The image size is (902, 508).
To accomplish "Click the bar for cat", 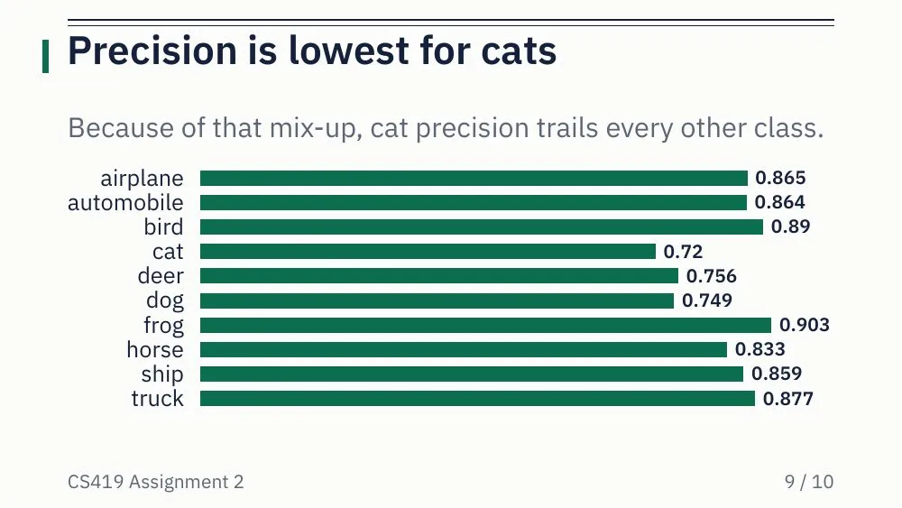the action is pos(428,252).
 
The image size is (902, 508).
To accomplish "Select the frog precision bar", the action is pos(485,325).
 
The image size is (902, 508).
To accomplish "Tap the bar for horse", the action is pos(464,349).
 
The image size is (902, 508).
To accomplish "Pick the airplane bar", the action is pos(474,179).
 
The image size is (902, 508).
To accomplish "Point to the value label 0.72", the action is pos(683,252).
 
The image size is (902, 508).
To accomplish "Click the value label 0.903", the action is pos(805,325).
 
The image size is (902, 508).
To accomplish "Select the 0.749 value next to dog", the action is pos(707,300).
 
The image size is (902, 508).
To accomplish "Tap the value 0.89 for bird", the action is pos(790,226).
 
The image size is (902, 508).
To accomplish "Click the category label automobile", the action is pos(125,202).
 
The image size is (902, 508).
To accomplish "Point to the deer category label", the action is pos(161,275).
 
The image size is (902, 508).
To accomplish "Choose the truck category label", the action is pos(158,398).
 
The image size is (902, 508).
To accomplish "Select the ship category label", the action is pos(162,374).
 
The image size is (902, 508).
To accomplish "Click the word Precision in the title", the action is pos(152,51).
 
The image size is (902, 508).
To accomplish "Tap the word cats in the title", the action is pos(519,51).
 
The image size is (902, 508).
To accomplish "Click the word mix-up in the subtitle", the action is pos(316,128).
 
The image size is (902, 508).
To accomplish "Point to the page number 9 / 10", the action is pos(809,482).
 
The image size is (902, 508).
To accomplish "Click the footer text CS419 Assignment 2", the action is pos(156,482).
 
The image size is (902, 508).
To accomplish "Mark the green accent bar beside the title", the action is pos(45,56).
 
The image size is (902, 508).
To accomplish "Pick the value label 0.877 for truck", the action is pos(788,398).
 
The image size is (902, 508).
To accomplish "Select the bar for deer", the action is pos(439,276).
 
